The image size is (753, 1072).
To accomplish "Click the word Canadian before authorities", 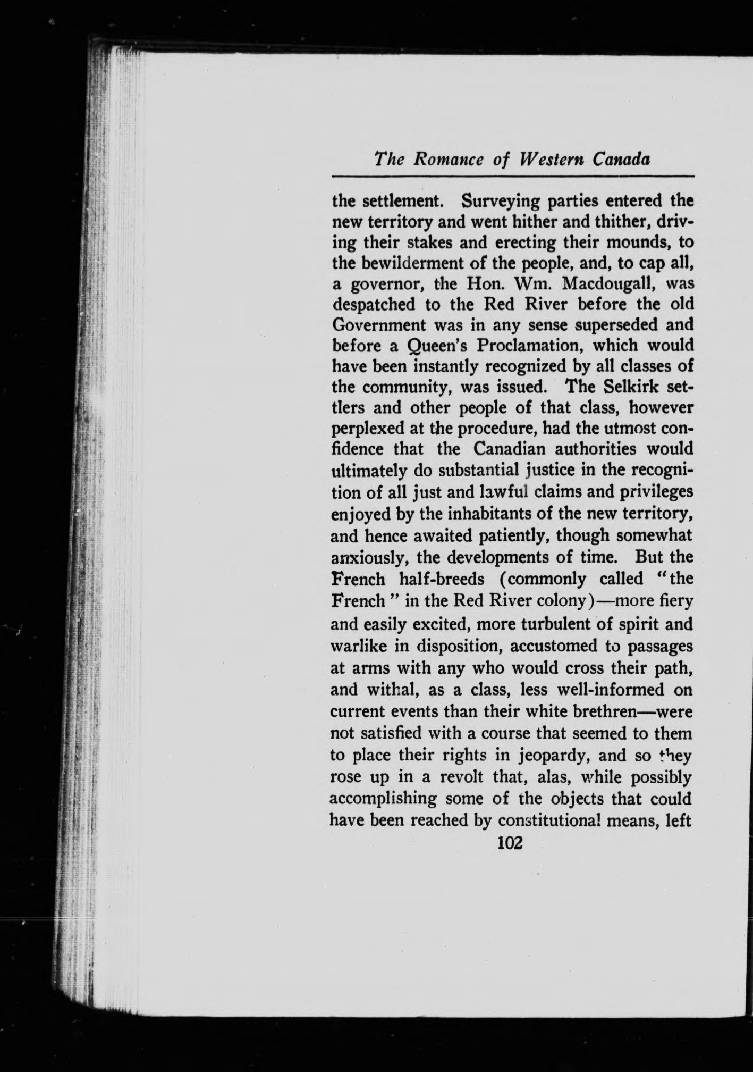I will pos(511,449).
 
